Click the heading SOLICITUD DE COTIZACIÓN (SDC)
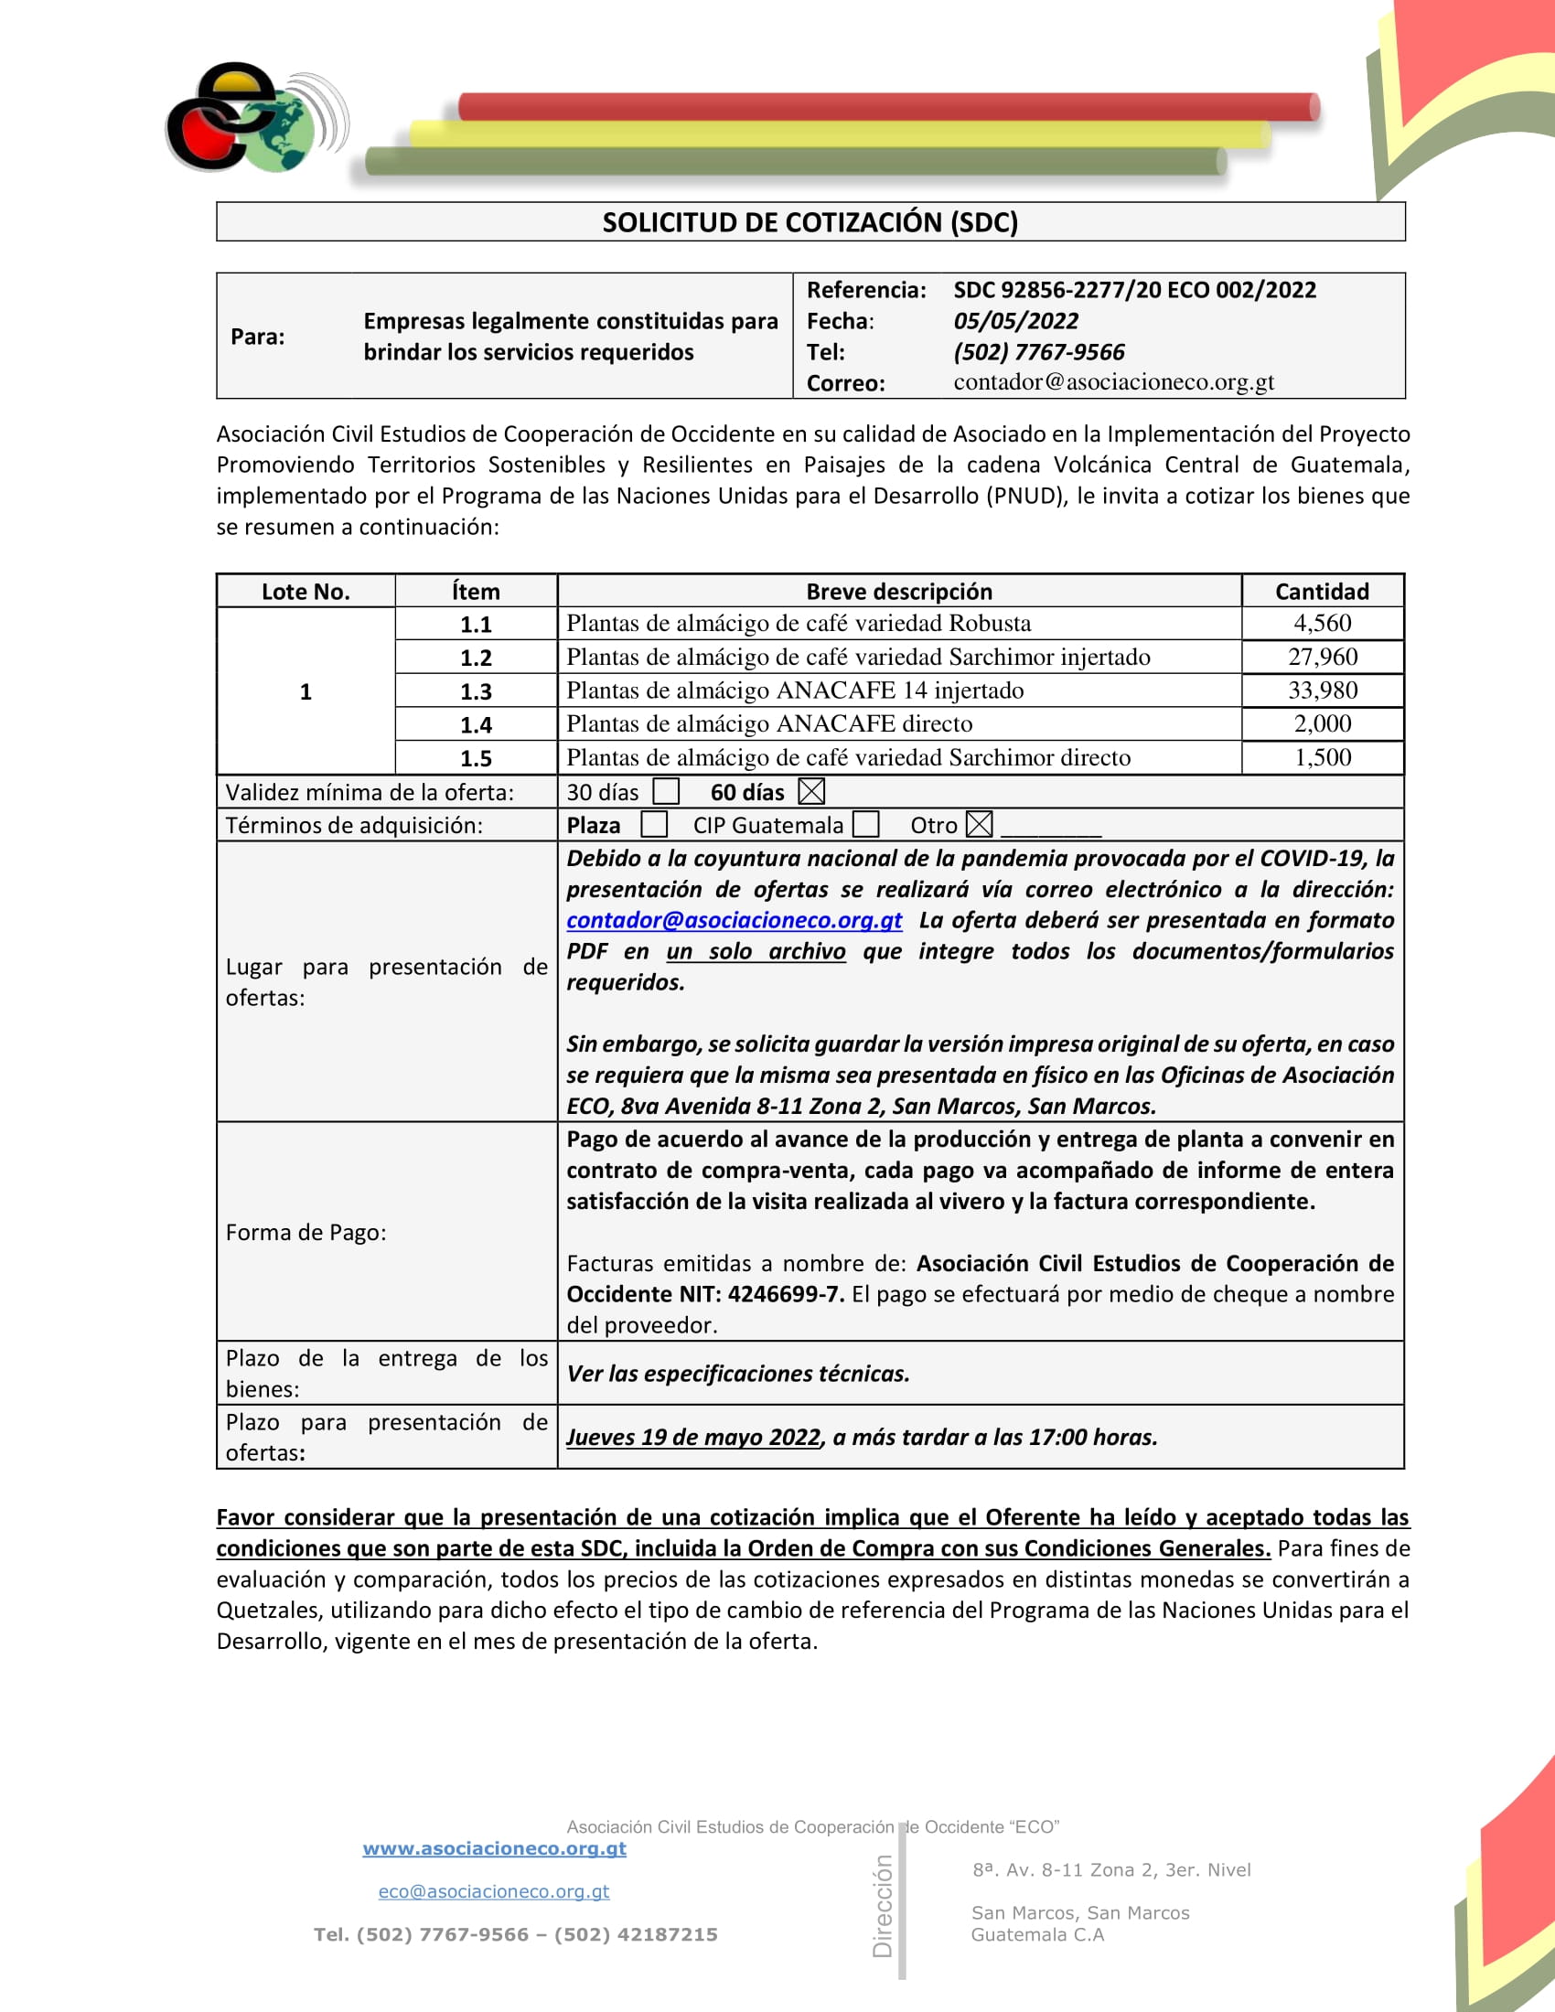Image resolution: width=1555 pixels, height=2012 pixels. pyautogui.click(x=810, y=222)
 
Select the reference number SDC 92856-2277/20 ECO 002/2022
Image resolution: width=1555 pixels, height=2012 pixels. pyautogui.click(x=1134, y=290)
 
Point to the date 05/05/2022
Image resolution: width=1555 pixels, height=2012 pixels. pyautogui.click(x=1015, y=321)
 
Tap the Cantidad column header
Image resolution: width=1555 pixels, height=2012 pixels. pyautogui.click(x=1321, y=592)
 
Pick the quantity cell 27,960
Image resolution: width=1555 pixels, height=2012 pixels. pyautogui.click(x=1322, y=657)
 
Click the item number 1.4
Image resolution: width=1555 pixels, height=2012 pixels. pyautogui.click(x=476, y=724)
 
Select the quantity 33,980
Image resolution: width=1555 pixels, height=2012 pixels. pyautogui.click(x=1322, y=690)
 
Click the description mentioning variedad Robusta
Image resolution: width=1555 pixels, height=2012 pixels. pyautogui.click(x=798, y=624)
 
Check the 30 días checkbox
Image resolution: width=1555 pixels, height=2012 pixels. pyautogui.click(x=665, y=791)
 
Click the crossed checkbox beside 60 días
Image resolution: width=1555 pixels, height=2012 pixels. pyautogui.click(x=811, y=791)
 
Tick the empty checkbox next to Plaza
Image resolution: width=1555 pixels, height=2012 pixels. pyautogui.click(x=654, y=825)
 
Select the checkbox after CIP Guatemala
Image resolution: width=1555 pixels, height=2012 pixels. pyautogui.click(x=866, y=825)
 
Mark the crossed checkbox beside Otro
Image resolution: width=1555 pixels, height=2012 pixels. pyautogui.click(x=980, y=825)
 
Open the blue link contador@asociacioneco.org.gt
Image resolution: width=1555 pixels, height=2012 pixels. pyautogui.click(x=734, y=920)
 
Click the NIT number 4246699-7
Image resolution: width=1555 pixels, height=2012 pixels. pyautogui.click(x=785, y=1294)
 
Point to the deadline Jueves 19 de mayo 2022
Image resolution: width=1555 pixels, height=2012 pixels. pyautogui.click(x=692, y=1437)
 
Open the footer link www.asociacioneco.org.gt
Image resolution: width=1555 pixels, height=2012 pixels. pyautogui.click(x=495, y=1848)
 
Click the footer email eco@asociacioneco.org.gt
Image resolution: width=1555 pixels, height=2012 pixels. pyautogui.click(x=494, y=1891)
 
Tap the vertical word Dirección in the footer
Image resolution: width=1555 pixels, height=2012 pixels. pyautogui.click(x=883, y=1906)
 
